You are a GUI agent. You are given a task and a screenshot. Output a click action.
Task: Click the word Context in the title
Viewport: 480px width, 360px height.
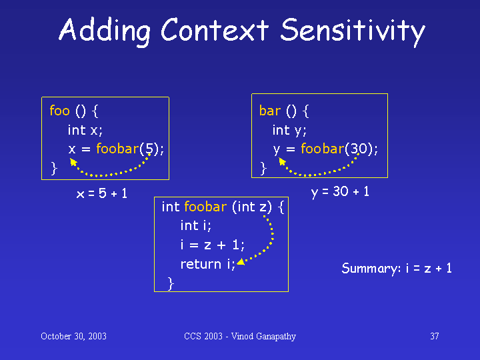click(x=215, y=30)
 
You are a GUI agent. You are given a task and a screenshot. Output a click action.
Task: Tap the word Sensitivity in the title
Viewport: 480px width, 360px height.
click(x=353, y=31)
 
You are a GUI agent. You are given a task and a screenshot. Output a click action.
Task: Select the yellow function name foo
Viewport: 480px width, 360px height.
click(x=60, y=110)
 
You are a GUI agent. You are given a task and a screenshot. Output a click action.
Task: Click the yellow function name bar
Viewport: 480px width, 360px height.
click(x=270, y=110)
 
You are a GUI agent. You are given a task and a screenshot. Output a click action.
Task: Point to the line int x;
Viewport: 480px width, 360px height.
click(x=85, y=130)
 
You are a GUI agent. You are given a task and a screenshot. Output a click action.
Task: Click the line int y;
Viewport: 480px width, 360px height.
click(x=289, y=131)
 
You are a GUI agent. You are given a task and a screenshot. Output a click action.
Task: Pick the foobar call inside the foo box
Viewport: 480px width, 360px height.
click(x=117, y=149)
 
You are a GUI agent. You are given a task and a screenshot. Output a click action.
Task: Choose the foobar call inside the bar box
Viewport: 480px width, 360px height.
click(x=323, y=149)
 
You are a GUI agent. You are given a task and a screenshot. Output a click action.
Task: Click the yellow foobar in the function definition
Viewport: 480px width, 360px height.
click(x=205, y=207)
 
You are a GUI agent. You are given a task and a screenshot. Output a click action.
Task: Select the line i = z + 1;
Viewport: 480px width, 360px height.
click(x=213, y=245)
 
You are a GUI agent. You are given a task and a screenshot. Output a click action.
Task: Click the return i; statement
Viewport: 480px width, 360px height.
click(x=208, y=264)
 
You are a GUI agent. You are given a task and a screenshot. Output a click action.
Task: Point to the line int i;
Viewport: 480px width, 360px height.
click(x=195, y=225)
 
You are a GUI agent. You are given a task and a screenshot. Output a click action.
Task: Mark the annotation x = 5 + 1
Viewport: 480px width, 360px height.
click(x=101, y=193)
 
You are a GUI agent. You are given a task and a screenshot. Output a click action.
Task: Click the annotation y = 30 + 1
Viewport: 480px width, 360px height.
click(x=340, y=192)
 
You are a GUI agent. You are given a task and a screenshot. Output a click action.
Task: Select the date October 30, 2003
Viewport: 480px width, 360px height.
click(x=73, y=336)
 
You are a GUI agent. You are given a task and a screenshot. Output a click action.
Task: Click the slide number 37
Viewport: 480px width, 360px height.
click(x=435, y=336)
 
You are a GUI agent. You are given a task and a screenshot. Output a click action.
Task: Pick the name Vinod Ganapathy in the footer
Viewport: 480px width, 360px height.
click(x=263, y=337)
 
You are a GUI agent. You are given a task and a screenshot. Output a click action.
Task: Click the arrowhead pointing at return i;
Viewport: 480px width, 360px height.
click(x=241, y=262)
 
